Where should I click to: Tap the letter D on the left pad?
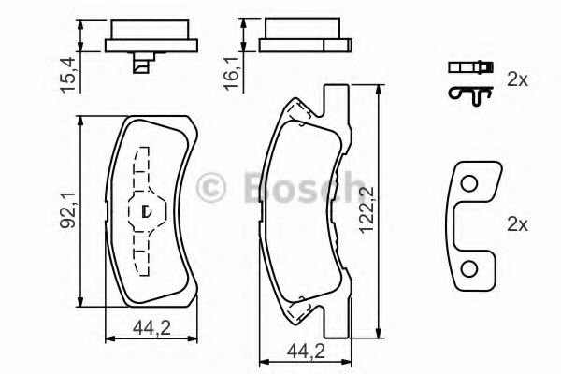pyautogui.click(x=146, y=211)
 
